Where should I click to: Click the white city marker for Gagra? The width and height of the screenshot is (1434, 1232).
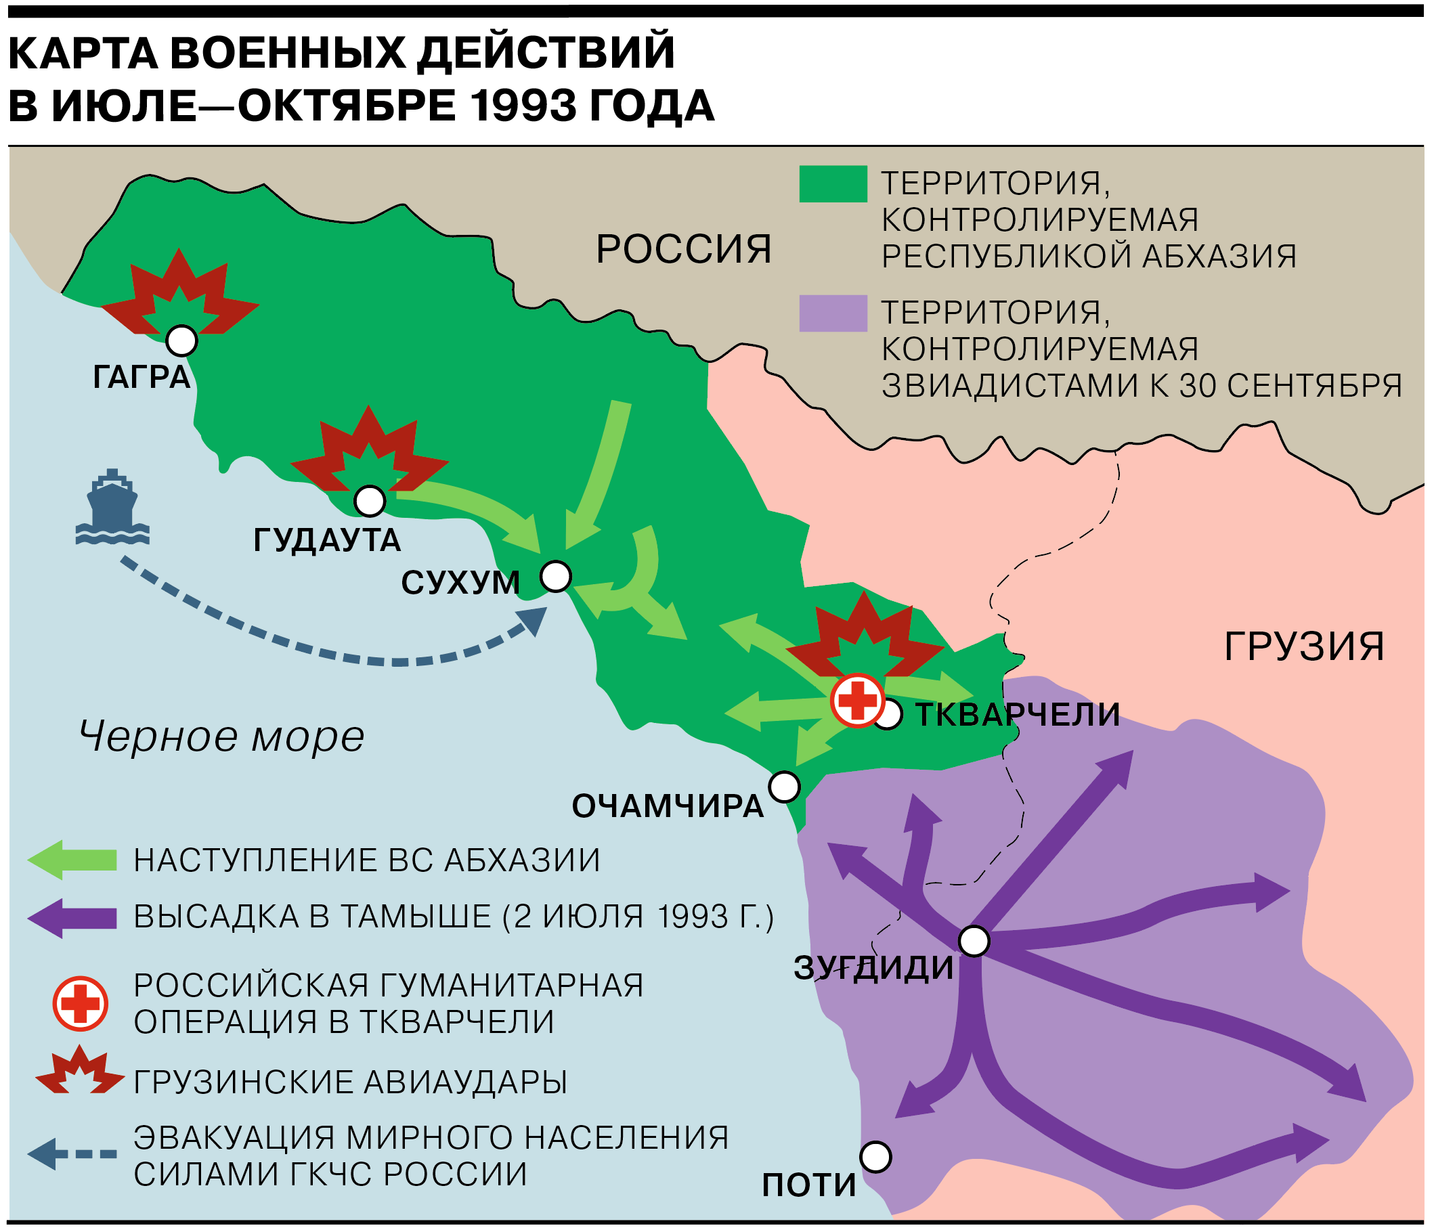182,340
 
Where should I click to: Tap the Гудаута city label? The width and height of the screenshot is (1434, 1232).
326,540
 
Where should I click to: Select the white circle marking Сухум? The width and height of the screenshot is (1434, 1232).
556,576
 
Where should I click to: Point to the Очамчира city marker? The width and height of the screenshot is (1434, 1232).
784,787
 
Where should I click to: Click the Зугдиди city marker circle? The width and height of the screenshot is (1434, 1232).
974,942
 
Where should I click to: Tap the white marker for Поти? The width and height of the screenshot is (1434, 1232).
875,1157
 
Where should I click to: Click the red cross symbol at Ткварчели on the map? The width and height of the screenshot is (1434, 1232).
858,701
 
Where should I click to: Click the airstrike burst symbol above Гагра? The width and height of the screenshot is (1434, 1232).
180,294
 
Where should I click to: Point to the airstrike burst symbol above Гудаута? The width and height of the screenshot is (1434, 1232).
369,450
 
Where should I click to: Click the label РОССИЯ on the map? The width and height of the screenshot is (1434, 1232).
684,249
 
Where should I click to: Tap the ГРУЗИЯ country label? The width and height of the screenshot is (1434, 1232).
1304,646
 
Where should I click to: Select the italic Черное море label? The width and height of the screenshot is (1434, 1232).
221,736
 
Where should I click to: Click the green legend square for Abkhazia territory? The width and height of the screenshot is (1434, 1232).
833,184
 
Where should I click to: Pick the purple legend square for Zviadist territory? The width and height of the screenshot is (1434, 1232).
833,313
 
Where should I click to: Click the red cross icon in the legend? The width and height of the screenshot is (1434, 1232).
81,1004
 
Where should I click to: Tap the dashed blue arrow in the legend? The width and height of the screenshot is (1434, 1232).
72,1153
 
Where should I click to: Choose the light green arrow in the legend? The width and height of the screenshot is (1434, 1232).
72,860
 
